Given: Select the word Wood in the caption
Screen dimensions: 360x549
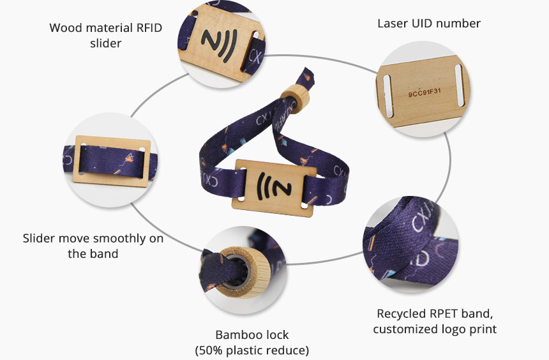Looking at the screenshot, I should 64,28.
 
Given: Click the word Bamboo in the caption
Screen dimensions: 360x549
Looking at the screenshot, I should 233,335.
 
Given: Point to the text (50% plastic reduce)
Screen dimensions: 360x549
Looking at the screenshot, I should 252,350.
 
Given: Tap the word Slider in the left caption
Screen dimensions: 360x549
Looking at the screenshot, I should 38,239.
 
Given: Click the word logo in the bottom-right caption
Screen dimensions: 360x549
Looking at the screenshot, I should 450,329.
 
